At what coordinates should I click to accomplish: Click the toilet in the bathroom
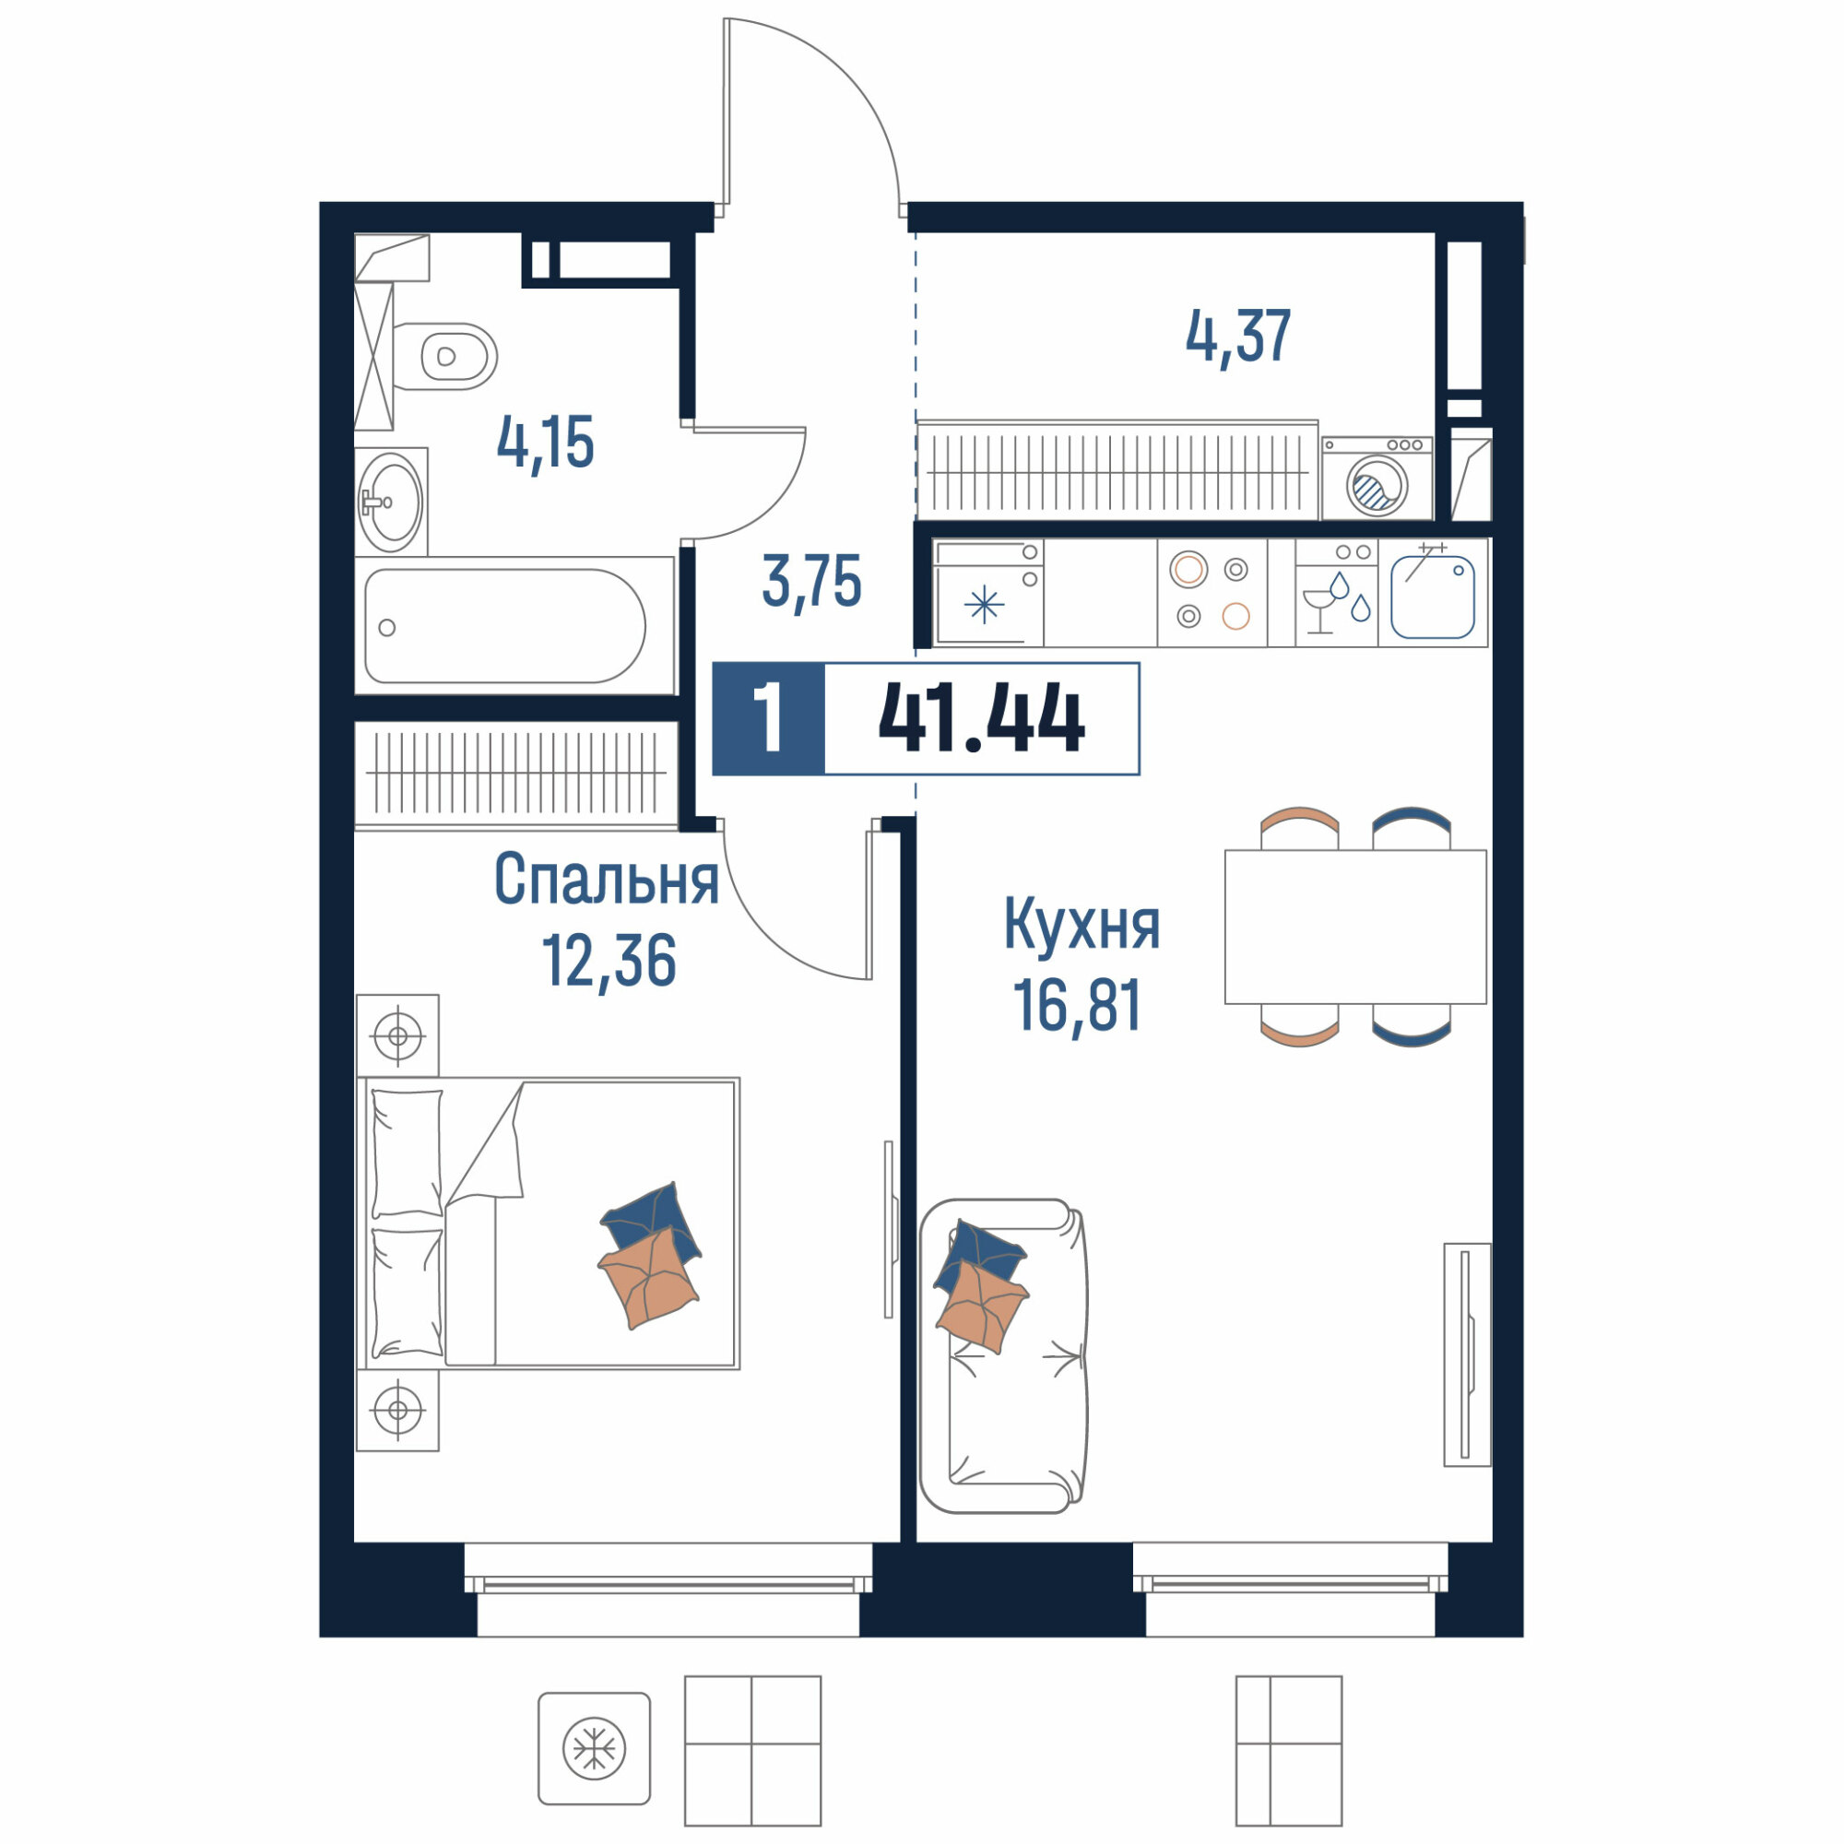[x=444, y=356]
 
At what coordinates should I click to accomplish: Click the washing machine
[x=1377, y=479]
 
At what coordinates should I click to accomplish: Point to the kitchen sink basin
[x=1433, y=597]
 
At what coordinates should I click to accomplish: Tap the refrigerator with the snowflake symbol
[x=987, y=592]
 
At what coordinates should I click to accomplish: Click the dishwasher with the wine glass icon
[x=1336, y=592]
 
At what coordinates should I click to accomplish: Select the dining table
[x=1355, y=927]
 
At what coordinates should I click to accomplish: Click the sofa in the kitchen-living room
[x=1003, y=1356]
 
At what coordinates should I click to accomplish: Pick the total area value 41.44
[x=981, y=719]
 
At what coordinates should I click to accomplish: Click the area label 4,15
[x=545, y=443]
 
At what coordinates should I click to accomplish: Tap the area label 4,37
[x=1238, y=336]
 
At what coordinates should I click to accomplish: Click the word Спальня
[x=606, y=879]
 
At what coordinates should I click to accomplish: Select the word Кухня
[x=1082, y=925]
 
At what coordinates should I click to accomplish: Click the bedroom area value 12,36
[x=609, y=960]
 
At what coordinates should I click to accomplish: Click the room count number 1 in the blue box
[x=768, y=719]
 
